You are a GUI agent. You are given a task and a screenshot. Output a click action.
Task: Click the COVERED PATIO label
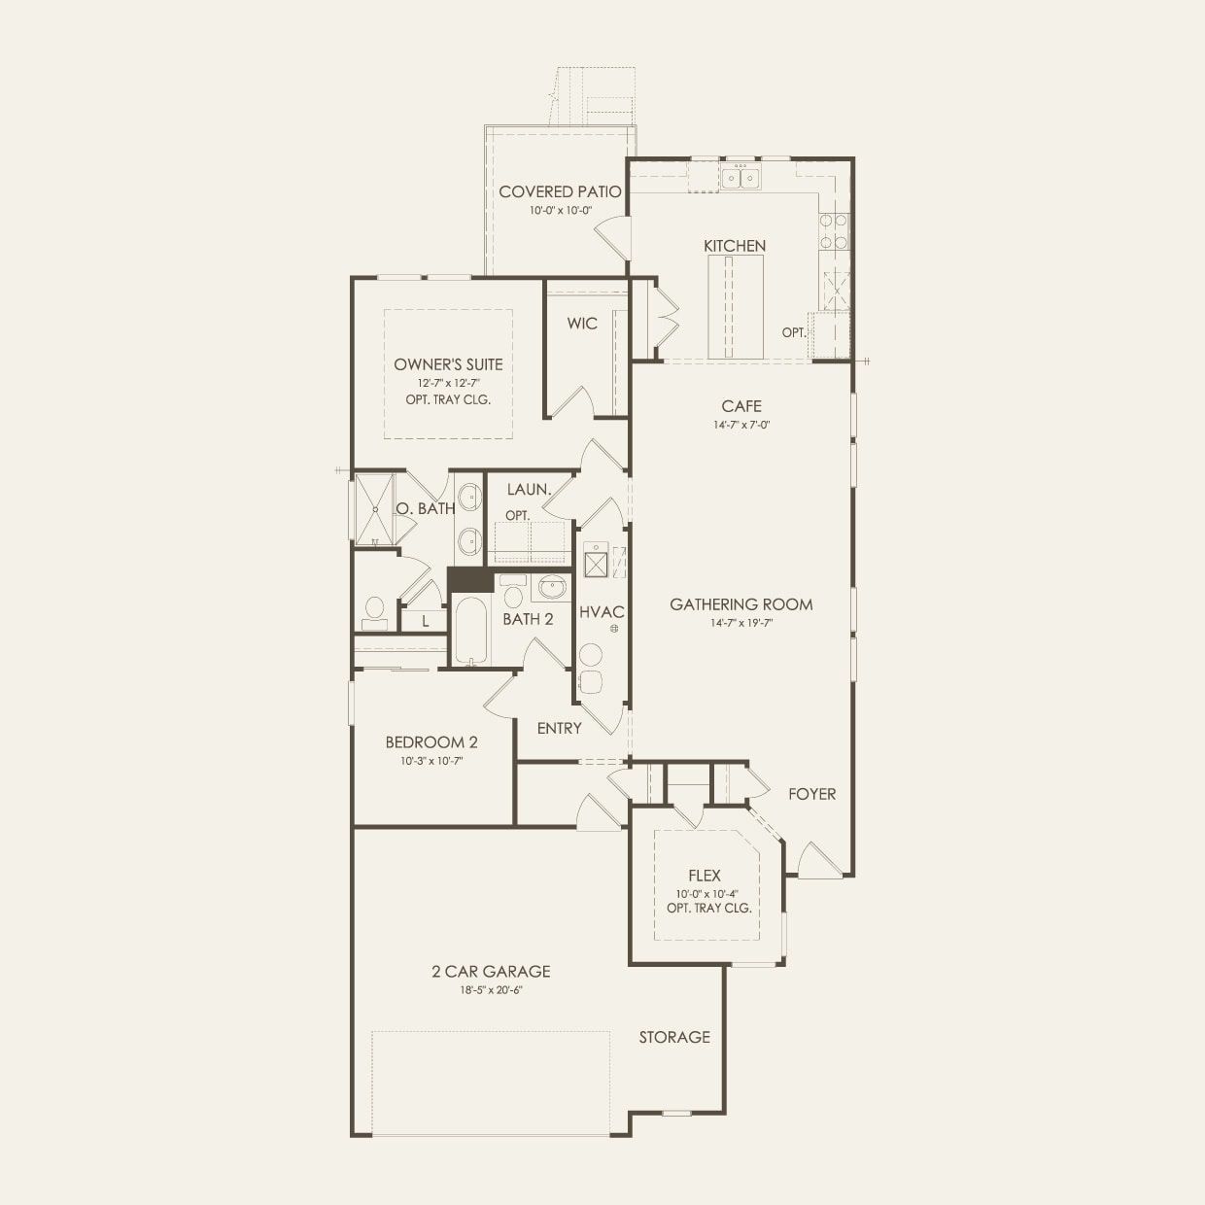(560, 191)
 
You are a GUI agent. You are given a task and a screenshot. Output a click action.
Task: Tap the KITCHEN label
(735, 246)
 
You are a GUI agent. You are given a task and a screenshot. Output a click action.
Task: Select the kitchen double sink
(740, 178)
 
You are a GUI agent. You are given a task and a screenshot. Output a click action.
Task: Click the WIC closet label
(582, 324)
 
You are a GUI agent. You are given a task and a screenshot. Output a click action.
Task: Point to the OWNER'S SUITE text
(448, 364)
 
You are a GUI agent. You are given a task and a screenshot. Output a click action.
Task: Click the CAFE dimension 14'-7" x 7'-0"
(740, 425)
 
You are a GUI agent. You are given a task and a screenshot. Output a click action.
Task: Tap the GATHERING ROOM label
(740, 604)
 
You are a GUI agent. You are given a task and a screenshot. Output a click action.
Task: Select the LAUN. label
(529, 490)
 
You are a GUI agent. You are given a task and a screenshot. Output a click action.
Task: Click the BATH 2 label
(528, 619)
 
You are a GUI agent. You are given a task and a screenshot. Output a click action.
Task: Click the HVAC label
(602, 612)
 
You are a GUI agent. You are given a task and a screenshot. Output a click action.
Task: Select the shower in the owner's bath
(374, 509)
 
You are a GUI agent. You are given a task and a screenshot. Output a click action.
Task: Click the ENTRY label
(559, 728)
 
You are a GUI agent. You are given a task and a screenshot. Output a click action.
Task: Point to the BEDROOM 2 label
(430, 742)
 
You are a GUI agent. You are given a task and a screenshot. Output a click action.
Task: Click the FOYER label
(811, 794)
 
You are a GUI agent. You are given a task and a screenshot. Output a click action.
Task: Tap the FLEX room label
(704, 876)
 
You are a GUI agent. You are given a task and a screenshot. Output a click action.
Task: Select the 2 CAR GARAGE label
(491, 971)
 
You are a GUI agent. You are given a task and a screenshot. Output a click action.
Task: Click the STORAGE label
(673, 1037)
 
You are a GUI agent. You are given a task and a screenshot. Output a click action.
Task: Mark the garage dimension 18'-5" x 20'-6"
(491, 990)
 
